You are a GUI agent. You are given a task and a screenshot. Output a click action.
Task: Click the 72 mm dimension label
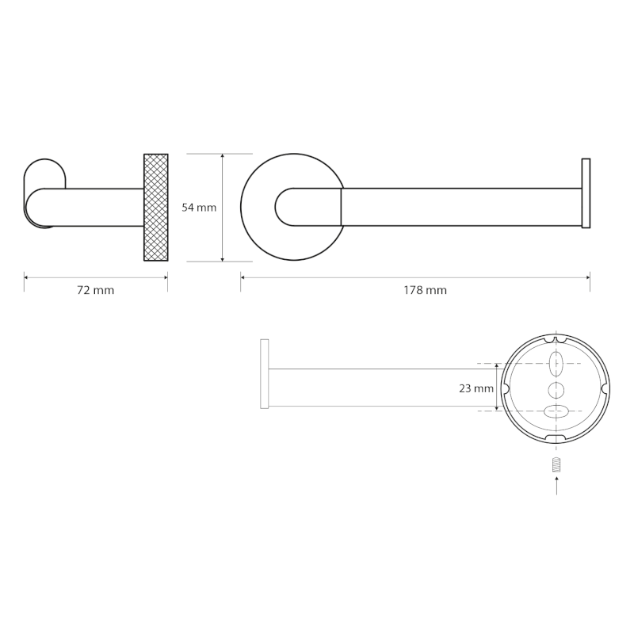[95, 290]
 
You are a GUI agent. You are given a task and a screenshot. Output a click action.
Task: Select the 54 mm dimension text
[199, 208]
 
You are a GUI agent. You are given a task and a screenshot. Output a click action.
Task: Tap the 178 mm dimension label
[425, 290]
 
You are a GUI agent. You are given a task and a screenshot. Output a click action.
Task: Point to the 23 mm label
[476, 388]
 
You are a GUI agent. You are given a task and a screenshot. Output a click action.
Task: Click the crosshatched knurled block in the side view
[156, 208]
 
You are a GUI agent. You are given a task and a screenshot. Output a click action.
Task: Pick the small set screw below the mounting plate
[557, 464]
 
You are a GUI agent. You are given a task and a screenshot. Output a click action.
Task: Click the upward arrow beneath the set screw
[557, 485]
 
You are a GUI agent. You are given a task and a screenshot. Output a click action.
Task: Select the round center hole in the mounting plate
[556, 390]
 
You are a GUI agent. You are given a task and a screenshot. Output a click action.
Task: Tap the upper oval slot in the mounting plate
[556, 364]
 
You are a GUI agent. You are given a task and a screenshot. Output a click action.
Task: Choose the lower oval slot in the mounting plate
[556, 411]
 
